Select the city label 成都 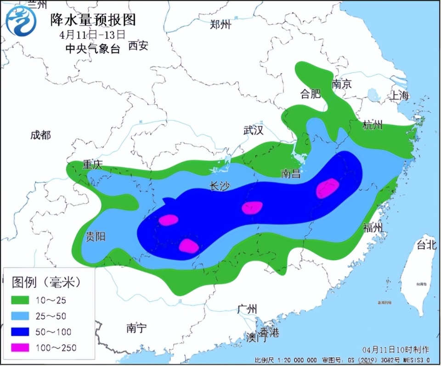pos(40,135)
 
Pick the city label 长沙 pos(219,186)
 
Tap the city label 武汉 pos(253,130)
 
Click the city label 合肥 pos(310,95)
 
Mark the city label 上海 pos(399,96)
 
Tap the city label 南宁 pos(136,328)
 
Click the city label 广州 pos(248,309)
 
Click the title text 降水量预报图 pos(94,20)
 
